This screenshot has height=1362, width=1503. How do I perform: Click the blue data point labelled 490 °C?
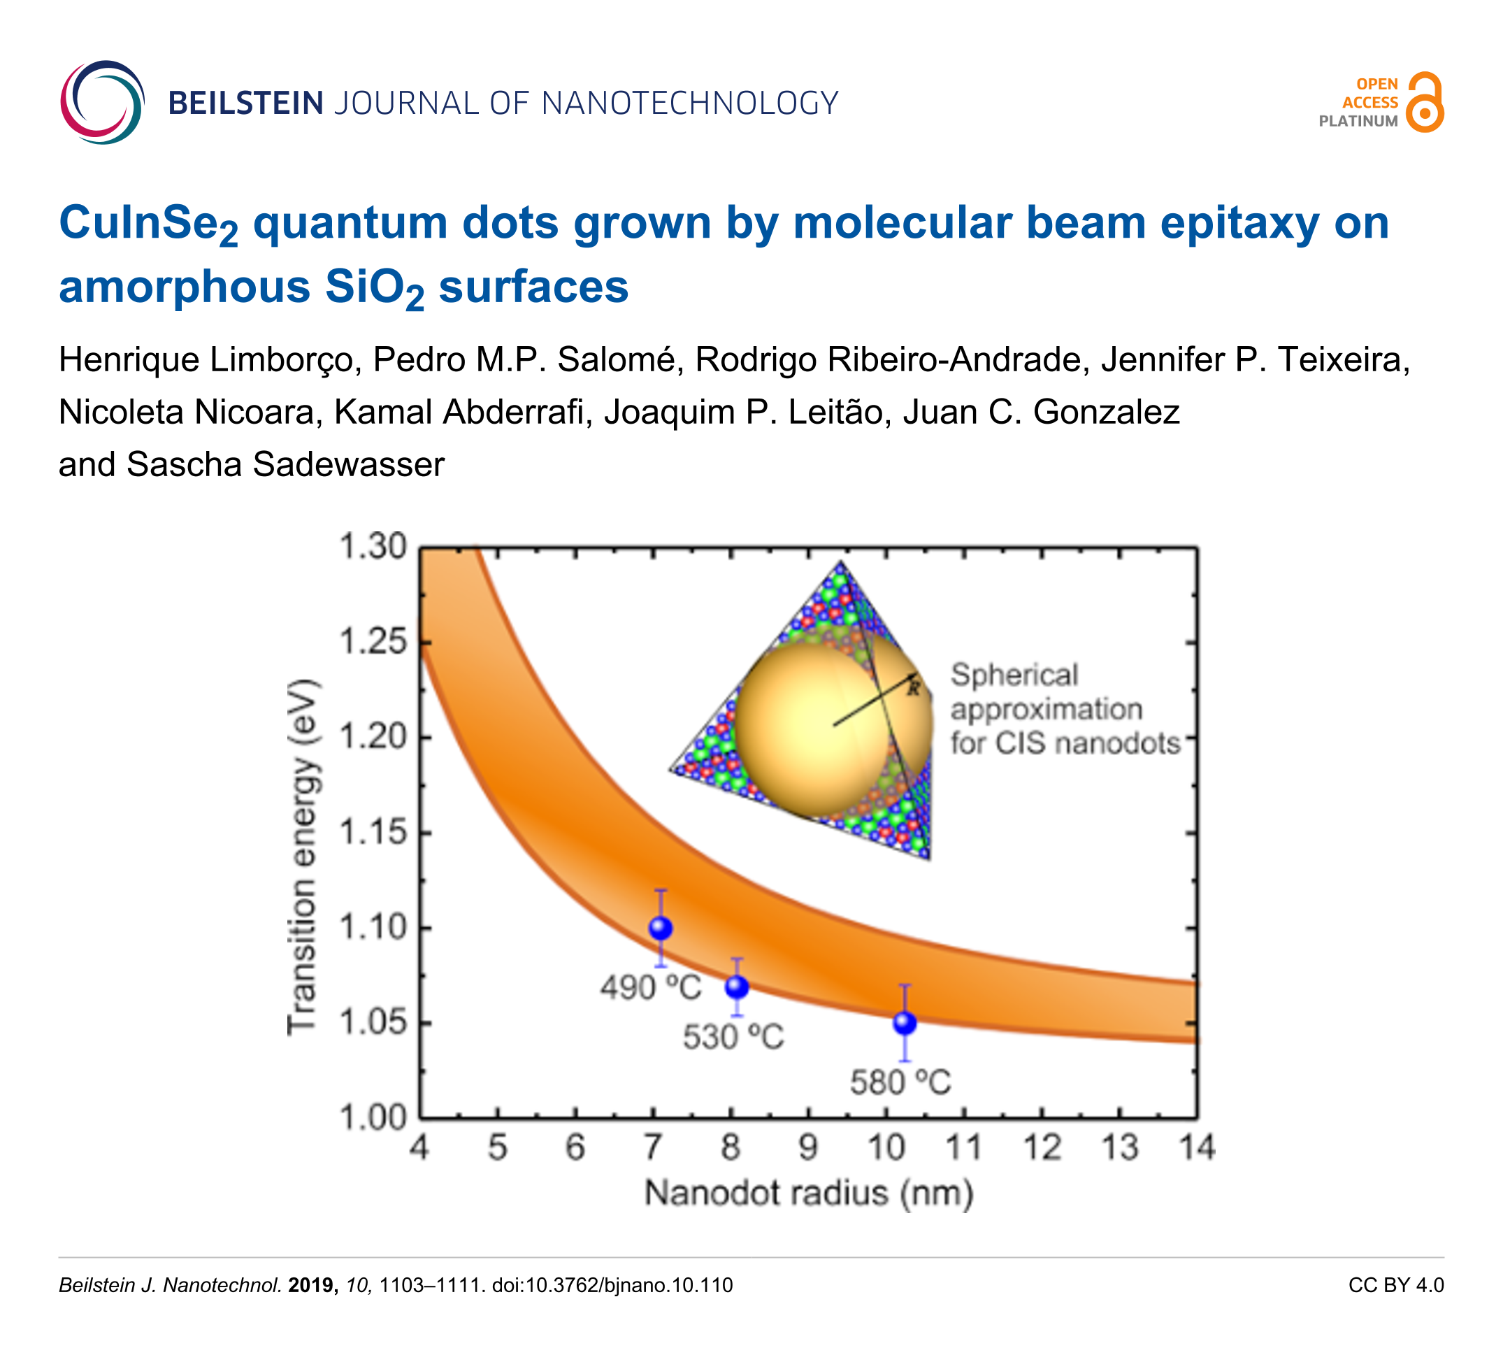tap(661, 928)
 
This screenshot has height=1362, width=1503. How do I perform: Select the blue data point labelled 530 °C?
tap(737, 987)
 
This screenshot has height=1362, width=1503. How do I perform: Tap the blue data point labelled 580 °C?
tap(905, 1023)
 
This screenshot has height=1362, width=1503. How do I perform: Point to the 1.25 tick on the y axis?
tap(373, 642)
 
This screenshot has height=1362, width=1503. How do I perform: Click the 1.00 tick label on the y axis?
tap(373, 1118)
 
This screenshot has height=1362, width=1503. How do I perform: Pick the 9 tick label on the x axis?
tap(808, 1148)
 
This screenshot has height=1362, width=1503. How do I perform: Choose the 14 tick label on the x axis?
tap(1197, 1148)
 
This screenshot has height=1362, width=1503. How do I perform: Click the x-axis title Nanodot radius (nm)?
tap(809, 1193)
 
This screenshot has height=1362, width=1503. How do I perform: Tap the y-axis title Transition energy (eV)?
tap(303, 857)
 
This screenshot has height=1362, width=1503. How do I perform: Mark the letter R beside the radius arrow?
tap(914, 689)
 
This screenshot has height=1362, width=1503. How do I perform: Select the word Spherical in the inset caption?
tap(1014, 675)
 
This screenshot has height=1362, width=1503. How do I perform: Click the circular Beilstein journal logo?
tap(102, 102)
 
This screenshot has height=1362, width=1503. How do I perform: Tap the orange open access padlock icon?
tap(1425, 103)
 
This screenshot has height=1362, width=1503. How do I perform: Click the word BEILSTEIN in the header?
tap(246, 103)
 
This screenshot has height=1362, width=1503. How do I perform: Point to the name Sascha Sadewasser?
tap(285, 464)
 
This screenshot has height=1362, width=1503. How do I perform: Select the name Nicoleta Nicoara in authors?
tap(187, 413)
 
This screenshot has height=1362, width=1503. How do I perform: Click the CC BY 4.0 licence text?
tap(1395, 1285)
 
